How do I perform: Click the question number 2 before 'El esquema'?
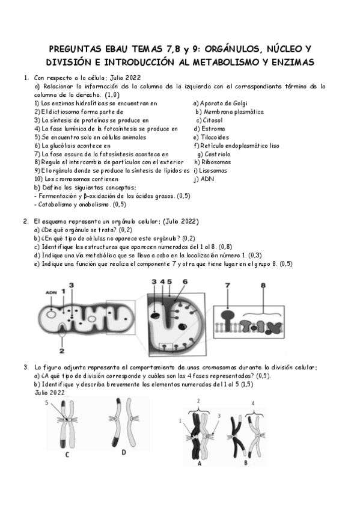tap(25, 221)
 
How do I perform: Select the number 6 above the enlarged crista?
tap(185, 281)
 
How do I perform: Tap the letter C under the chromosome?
tap(67, 455)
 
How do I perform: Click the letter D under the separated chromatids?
tap(123, 452)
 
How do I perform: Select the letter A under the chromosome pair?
tap(200, 463)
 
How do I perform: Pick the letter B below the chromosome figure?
tap(246, 463)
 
